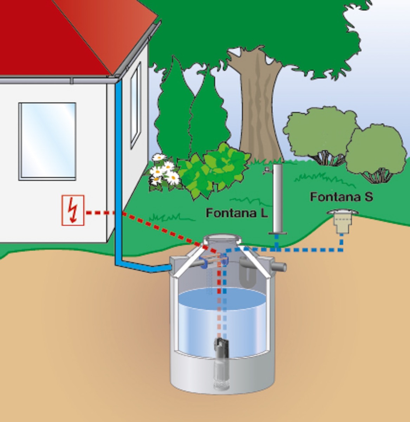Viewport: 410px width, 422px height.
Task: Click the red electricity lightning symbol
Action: click(x=73, y=210)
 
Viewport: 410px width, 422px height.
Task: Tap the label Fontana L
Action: click(x=236, y=213)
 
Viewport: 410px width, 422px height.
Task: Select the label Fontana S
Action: click(x=341, y=197)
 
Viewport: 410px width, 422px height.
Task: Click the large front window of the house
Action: click(x=47, y=141)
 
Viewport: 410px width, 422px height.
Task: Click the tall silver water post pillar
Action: click(x=278, y=197)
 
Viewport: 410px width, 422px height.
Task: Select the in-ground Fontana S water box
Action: click(x=341, y=222)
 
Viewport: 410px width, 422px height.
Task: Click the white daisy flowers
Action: click(x=164, y=172)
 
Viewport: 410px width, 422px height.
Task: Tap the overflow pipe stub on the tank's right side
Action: click(x=279, y=267)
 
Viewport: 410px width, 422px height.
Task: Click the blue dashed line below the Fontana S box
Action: click(x=341, y=243)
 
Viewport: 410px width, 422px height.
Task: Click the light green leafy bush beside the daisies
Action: click(x=214, y=169)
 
